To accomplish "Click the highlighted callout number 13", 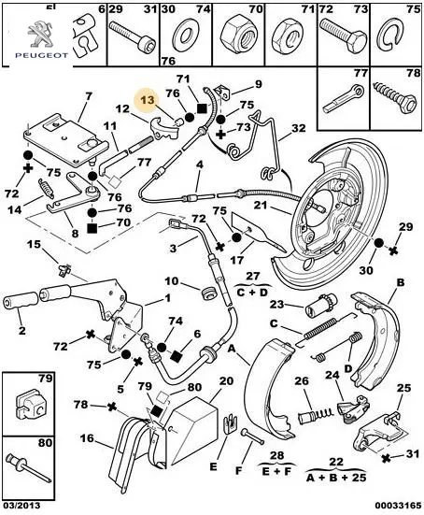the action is [148, 100].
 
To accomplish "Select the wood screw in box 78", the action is [396, 97].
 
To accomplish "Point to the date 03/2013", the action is [21, 505].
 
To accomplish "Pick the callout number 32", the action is [298, 128].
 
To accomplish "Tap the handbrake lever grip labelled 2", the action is [21, 301].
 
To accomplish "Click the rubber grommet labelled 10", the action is [208, 293].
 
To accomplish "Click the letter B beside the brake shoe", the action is [400, 282].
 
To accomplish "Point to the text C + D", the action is [252, 292].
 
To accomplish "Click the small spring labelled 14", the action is [47, 189].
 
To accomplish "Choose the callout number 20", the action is [226, 381].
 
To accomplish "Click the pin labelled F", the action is [253, 436].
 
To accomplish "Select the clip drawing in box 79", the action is [30, 407].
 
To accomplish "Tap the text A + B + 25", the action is [336, 477].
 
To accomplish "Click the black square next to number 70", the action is [92, 228].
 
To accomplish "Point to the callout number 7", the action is [89, 96].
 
